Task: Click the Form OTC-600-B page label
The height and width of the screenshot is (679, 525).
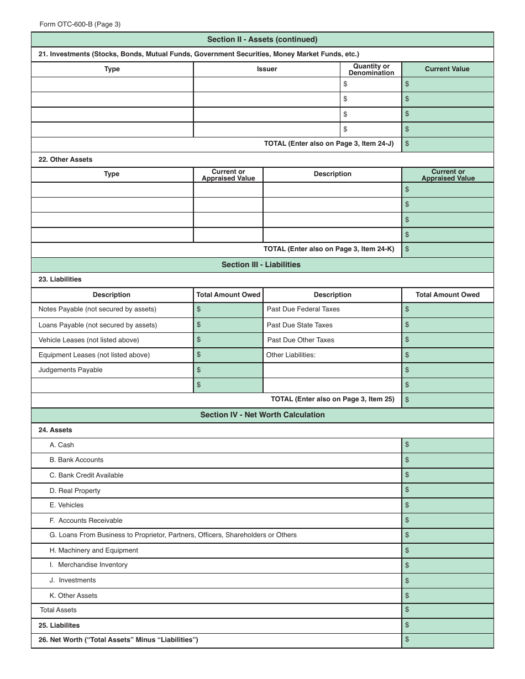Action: click(80, 24)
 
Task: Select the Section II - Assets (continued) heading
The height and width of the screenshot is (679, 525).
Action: click(262, 39)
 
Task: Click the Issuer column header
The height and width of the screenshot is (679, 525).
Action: click(267, 69)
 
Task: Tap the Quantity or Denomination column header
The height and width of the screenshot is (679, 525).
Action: click(371, 70)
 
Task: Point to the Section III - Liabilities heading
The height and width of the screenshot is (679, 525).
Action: click(261, 264)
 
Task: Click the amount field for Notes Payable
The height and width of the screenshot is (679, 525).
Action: click(228, 310)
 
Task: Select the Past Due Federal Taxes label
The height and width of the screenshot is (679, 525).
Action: click(303, 309)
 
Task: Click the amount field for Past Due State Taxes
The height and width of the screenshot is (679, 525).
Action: click(447, 325)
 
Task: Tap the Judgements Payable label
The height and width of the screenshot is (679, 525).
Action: click(70, 370)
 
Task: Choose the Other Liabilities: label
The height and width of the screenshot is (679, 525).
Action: click(291, 355)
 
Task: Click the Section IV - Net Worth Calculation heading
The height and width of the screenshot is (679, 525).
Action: click(262, 415)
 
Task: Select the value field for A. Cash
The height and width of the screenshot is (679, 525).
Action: click(447, 445)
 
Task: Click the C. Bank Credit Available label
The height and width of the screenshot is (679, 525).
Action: click(86, 475)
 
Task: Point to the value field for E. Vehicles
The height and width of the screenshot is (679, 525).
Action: click(447, 505)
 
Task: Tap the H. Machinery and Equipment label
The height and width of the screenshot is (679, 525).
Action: click(93, 550)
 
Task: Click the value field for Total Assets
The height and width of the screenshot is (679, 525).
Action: click(447, 610)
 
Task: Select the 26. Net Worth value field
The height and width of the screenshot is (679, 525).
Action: click(447, 640)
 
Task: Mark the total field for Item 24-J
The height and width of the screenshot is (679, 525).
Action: click(447, 144)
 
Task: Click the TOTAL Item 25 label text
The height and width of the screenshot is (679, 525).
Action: click(332, 399)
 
